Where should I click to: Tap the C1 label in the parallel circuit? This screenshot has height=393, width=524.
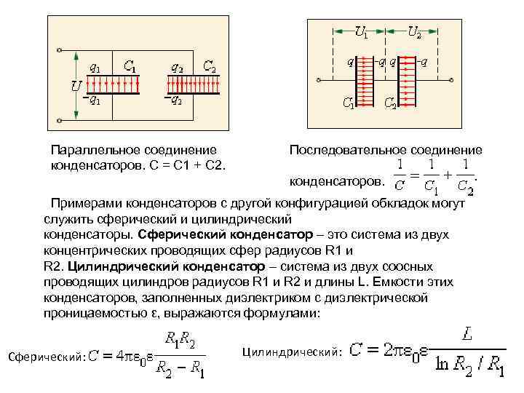tap(132, 67)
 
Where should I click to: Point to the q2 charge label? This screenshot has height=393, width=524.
tap(177, 66)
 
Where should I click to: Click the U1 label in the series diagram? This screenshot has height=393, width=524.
tap(361, 31)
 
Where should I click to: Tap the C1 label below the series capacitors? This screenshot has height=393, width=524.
tap(349, 103)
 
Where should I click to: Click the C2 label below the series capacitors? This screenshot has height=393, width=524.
tap(390, 103)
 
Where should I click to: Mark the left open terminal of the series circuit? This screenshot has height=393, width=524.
tap(314, 79)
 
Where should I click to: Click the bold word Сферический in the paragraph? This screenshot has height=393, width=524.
tap(181, 234)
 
